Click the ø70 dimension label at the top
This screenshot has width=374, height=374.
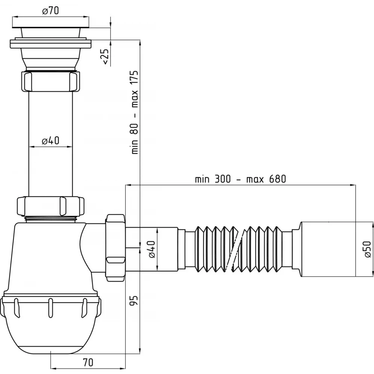tap(50, 11)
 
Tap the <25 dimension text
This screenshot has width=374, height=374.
tap(105, 57)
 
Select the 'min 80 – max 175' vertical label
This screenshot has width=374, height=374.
tap(135, 112)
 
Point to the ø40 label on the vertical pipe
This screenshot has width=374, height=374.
tap(50, 141)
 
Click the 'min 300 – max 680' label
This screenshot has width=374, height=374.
tap(240, 179)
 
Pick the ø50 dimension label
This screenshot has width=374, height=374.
tap(368, 249)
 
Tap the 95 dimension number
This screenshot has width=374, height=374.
tap(134, 301)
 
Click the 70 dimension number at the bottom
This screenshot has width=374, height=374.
tap(88, 362)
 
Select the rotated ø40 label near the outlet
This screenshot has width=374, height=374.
tap(152, 249)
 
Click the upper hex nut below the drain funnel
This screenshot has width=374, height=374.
tap(50, 81)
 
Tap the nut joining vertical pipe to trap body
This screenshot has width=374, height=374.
tap(50, 206)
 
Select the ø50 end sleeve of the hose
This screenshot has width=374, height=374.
tap(328, 249)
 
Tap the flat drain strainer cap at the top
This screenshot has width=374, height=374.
tap(50, 25)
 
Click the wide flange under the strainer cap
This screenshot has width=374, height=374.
tap(50, 44)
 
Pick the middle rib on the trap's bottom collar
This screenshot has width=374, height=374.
tap(50, 308)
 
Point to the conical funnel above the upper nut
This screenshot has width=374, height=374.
tap(50, 58)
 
